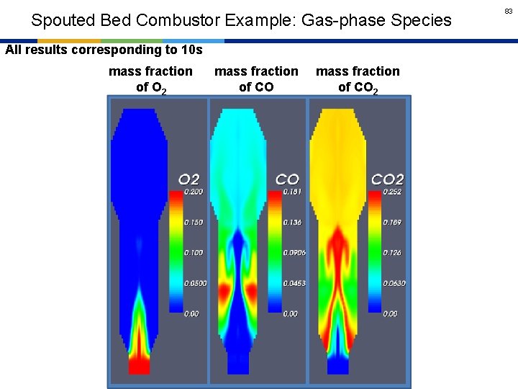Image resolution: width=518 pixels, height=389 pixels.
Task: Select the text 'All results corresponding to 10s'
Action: point(104,50)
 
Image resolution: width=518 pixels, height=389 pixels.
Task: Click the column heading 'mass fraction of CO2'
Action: point(358,79)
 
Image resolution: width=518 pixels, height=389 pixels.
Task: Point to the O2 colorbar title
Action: point(189,179)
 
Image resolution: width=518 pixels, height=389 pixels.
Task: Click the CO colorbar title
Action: point(287,179)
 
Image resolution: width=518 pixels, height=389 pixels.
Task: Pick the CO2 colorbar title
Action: point(387,179)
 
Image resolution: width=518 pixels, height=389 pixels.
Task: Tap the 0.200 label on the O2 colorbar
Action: point(194,192)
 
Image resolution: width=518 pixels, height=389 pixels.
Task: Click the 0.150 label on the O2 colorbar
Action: point(194,223)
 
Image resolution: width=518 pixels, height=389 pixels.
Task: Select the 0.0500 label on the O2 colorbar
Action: point(196,283)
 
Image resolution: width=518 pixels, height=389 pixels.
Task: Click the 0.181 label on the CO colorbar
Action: point(293,192)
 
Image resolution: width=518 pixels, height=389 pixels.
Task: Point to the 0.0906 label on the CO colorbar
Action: point(295,253)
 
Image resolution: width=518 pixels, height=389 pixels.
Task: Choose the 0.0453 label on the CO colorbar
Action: point(295,283)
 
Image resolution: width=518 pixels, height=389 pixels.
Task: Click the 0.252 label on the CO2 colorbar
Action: point(393,192)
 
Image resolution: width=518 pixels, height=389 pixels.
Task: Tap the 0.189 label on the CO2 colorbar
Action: point(393,223)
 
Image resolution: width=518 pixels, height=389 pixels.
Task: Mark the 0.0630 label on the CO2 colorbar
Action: point(394,283)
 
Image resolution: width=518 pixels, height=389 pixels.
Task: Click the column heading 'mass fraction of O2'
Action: point(150,79)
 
